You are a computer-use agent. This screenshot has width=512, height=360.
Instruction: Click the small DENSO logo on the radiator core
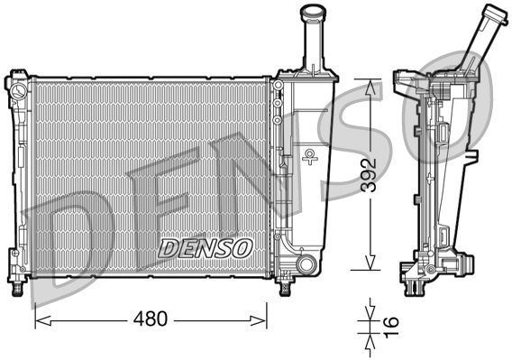(206, 245)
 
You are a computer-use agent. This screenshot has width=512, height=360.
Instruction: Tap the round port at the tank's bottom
(306, 264)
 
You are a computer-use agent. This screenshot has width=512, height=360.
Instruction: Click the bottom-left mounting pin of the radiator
(16, 287)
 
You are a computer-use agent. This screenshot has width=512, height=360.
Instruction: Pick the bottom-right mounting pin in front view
(286, 288)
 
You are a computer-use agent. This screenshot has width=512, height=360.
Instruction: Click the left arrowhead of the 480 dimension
(39, 318)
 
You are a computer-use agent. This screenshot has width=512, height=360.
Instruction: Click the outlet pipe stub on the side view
(468, 263)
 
